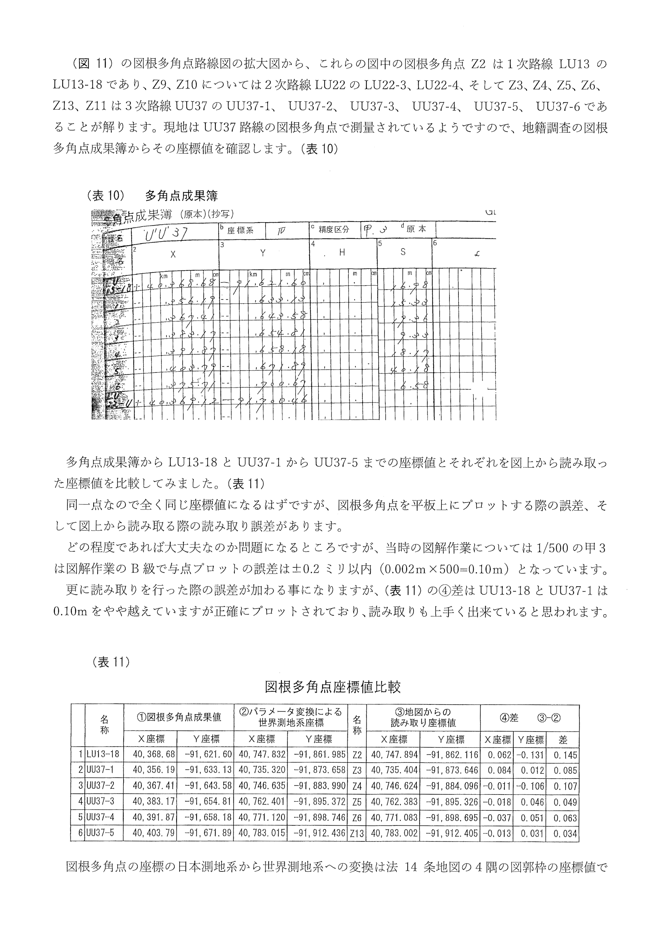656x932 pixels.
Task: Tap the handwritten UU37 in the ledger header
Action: click(x=167, y=232)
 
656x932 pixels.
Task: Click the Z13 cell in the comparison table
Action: click(x=357, y=833)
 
